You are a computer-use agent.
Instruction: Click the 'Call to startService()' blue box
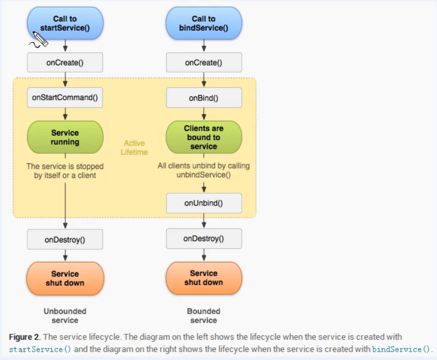pos(65,23)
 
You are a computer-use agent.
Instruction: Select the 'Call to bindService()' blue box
pos(204,23)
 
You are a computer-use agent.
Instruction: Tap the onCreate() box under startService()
pos(65,63)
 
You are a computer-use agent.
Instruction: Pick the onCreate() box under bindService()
pos(204,63)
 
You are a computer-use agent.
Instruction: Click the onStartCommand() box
pos(65,98)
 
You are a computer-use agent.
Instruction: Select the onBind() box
pos(204,98)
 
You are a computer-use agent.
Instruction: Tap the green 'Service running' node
pos(65,137)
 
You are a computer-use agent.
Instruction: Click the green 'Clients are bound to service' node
pos(204,137)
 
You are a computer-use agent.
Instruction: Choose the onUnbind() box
pos(204,203)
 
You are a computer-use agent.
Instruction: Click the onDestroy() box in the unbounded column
pos(65,239)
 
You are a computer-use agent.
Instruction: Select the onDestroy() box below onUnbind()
pos(204,239)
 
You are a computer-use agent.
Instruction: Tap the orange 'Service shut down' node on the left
pos(65,278)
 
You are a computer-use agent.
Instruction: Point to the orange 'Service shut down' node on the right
pos(204,278)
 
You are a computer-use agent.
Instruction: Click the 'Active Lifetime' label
pos(134,148)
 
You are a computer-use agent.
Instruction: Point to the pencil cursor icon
pos(39,40)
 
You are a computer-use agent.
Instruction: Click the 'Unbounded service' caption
pos(65,316)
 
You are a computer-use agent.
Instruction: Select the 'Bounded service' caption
pos(204,316)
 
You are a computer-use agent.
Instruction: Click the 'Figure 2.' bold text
pos(25,337)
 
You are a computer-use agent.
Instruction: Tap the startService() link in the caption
pos(40,350)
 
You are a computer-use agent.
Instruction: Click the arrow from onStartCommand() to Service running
pos(65,114)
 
